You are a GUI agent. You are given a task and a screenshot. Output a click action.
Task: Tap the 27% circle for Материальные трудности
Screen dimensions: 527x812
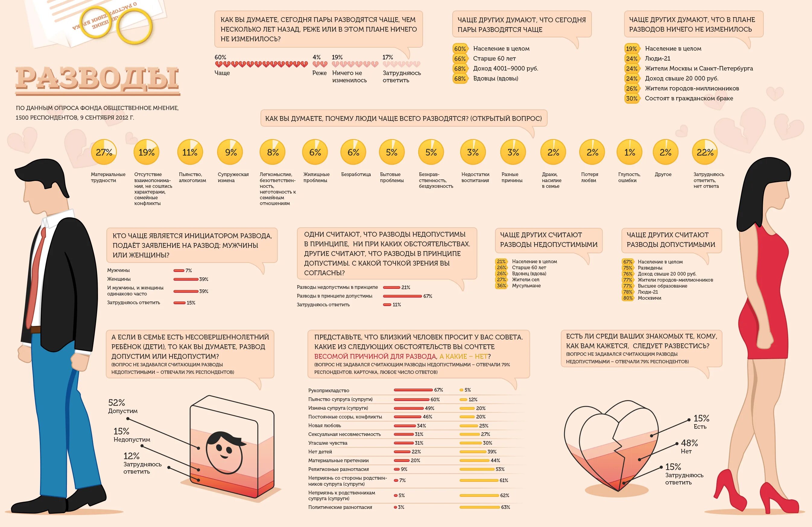point(104,152)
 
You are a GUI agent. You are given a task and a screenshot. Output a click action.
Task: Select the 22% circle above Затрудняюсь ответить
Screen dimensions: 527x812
point(705,152)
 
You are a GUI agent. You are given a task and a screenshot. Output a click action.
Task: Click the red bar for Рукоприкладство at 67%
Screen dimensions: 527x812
point(413,390)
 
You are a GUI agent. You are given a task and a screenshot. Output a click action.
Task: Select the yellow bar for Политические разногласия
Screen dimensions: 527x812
point(479,507)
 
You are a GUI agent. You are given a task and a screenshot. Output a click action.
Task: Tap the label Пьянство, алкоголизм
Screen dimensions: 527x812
point(192,177)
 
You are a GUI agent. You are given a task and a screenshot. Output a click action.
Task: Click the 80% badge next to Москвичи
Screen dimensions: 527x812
point(628,298)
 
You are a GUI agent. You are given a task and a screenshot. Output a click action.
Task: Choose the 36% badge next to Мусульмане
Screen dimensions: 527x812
point(501,286)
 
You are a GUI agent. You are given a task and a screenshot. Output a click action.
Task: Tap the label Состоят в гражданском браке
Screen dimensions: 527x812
point(689,98)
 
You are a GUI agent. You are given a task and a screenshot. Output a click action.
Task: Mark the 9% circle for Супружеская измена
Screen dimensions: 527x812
point(231,152)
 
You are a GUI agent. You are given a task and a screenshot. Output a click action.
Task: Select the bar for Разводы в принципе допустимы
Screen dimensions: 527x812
point(402,296)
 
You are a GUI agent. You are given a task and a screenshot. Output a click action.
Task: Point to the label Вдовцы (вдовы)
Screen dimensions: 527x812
point(495,78)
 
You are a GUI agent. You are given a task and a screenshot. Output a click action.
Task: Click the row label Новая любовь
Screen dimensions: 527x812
point(324,425)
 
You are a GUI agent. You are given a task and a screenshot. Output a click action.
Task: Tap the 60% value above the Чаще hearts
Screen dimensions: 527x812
point(220,57)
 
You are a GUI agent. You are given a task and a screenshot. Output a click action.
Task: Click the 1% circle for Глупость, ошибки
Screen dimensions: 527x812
point(630,152)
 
